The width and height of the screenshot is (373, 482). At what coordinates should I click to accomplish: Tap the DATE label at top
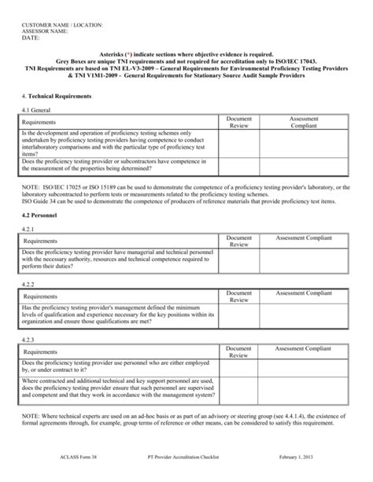pos(30,38)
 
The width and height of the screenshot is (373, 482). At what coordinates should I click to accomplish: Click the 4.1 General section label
pos(36,110)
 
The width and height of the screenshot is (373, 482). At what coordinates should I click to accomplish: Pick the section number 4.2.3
pos(29,340)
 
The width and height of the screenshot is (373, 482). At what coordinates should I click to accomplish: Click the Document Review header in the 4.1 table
pos(238,122)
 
